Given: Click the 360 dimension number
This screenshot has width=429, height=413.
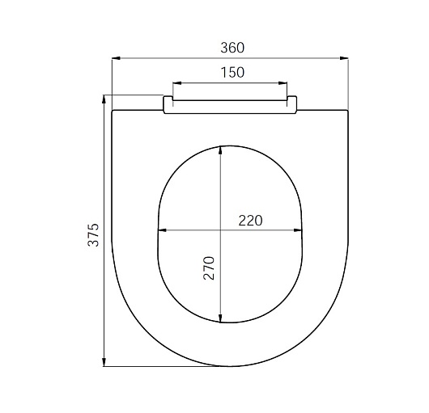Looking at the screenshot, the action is [x=232, y=48].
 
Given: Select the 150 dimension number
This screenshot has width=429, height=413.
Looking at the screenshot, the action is [x=232, y=73].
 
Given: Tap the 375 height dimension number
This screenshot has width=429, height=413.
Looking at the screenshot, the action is [x=93, y=235].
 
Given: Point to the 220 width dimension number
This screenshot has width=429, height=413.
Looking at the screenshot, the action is [x=250, y=221].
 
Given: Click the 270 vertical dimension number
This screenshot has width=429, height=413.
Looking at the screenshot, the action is [x=209, y=268].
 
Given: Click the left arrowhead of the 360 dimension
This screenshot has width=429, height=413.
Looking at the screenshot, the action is [x=117, y=58].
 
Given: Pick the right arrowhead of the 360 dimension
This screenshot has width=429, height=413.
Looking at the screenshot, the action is [x=344, y=58].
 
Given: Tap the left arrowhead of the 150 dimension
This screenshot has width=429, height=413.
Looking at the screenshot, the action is [x=177, y=83].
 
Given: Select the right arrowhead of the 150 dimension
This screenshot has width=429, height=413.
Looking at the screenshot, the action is [x=283, y=83].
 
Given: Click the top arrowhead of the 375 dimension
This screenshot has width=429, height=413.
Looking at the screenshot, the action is [x=104, y=99].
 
